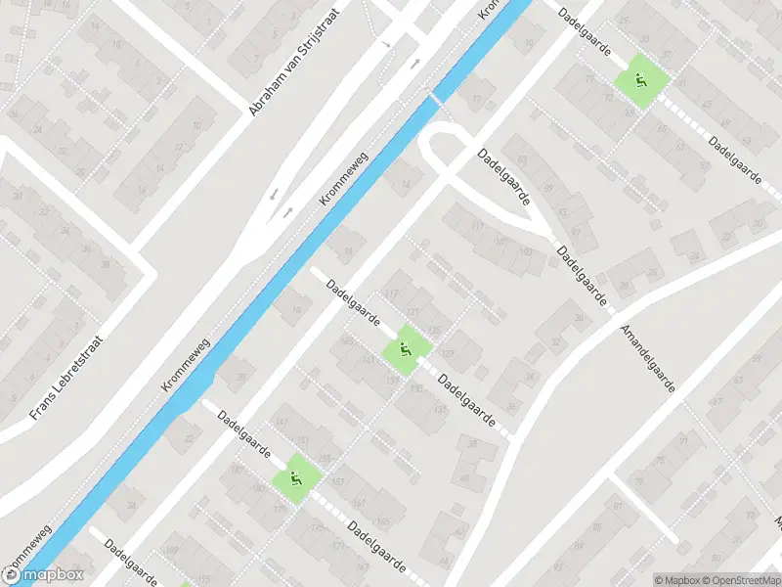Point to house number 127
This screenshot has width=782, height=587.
click(x=449, y=353)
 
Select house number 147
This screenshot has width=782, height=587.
click(x=282, y=422)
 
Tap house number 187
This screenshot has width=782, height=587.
click(x=236, y=470)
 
